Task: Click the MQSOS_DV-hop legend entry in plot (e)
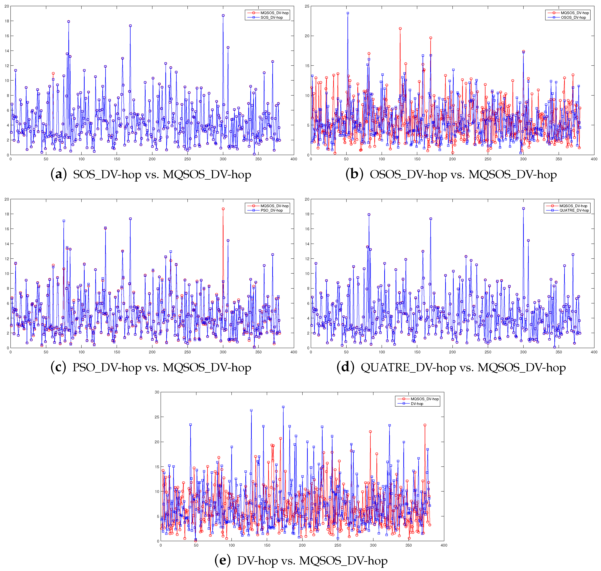point(424,399)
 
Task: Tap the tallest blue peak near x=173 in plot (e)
point(283,407)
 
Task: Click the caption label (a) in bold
point(58,174)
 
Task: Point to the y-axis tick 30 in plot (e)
point(157,392)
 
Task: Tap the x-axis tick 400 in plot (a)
point(293,159)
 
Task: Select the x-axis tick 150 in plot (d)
point(417,352)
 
